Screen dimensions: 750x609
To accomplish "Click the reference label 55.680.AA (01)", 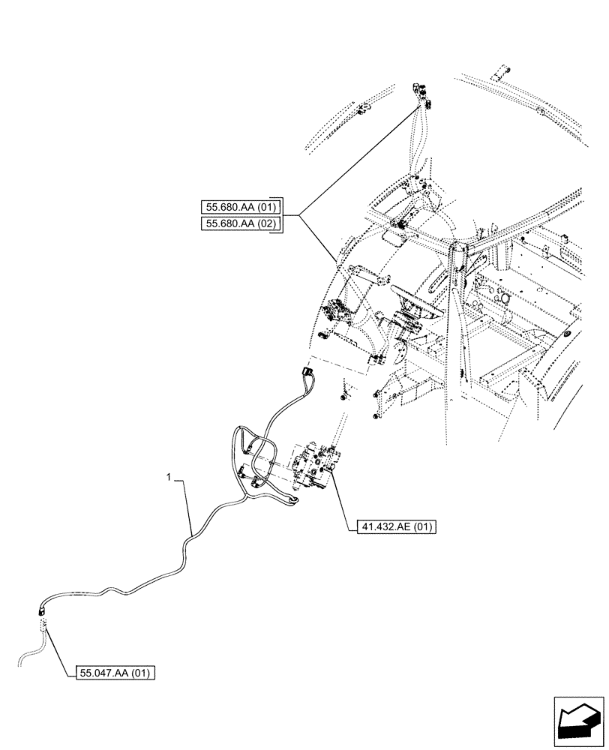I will pyautogui.click(x=241, y=207).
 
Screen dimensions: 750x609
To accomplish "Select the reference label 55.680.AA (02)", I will pyautogui.click(x=241, y=223).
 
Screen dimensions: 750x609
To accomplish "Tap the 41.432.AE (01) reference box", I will pyautogui.click(x=392, y=527).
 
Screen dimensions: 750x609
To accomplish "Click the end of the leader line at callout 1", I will pyautogui.click(x=194, y=533).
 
